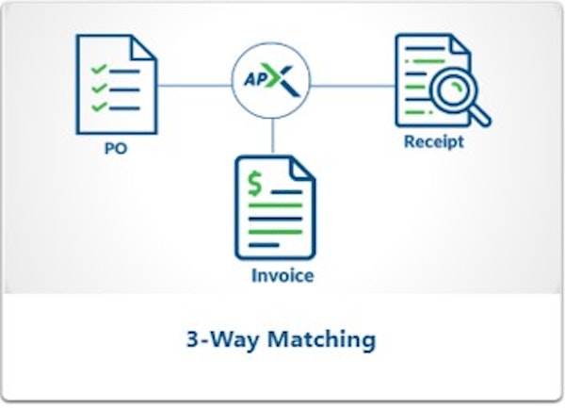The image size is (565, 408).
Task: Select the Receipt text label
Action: (433, 143)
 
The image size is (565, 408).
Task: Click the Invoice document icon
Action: (274, 211)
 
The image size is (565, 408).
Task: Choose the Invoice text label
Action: (282, 277)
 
